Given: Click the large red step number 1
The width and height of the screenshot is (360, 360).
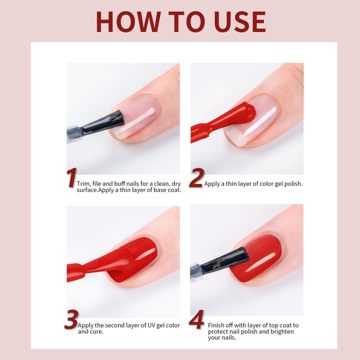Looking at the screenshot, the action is (72, 178).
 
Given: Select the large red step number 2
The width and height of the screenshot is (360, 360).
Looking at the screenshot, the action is (196, 178).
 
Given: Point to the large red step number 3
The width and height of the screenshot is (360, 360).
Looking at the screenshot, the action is (72, 319).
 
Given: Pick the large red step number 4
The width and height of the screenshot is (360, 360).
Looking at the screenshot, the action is (196, 319).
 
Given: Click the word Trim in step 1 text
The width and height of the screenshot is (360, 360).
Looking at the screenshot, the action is (83, 184).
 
